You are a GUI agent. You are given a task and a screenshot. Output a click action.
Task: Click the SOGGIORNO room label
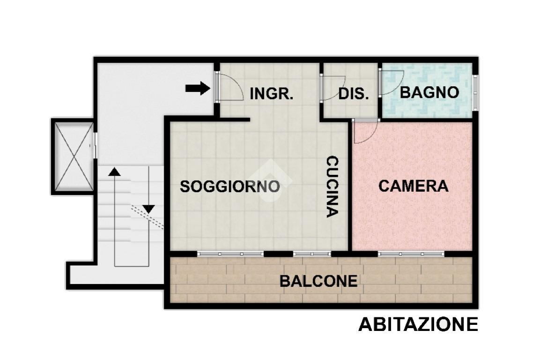[229, 187]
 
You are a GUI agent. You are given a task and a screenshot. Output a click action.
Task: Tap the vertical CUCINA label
[333, 187]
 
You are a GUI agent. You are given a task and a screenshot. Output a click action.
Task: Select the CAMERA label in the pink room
[413, 186]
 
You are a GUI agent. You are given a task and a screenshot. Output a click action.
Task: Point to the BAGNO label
[429, 92]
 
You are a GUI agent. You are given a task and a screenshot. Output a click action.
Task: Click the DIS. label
[354, 94]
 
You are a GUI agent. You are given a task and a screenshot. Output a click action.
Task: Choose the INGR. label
[271, 94]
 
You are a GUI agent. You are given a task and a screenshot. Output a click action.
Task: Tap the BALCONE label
[318, 281]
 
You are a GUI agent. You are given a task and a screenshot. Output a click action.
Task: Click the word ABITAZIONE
[418, 324]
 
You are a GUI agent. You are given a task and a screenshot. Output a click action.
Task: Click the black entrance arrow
[198, 88]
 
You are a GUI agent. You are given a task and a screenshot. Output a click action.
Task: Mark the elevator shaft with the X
[73, 156]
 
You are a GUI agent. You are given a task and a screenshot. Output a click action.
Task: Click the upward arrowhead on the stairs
[114, 171]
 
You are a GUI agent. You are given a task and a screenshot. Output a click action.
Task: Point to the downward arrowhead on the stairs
[148, 209]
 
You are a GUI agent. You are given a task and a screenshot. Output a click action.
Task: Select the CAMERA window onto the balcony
[411, 254]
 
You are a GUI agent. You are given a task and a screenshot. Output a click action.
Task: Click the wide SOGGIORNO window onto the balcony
[230, 254]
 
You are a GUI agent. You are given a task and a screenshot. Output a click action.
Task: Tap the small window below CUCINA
[312, 254]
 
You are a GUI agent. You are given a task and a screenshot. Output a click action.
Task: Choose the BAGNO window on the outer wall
[475, 92]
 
